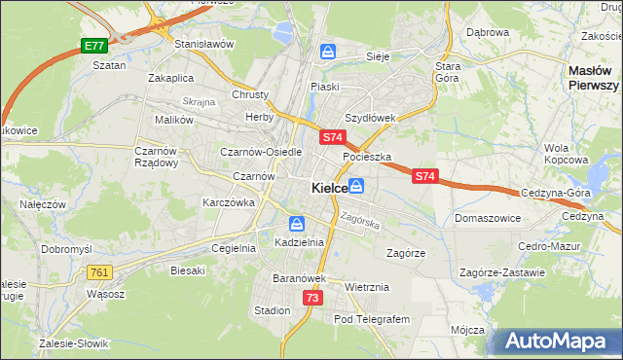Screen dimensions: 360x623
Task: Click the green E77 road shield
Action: [x=93, y=46]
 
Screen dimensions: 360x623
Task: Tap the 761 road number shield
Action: [x=99, y=272]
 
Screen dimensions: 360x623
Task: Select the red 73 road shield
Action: [x=311, y=298]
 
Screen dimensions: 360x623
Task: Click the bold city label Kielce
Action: [x=330, y=187]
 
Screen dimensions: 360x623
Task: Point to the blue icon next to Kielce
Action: [x=357, y=185]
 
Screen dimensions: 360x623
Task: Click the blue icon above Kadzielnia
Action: [x=295, y=224]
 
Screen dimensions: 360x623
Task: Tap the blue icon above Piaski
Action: [x=329, y=52]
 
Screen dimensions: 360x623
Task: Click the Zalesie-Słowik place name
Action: [x=74, y=343]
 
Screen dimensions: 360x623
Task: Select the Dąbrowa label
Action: [x=488, y=32]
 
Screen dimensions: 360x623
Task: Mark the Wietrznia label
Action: [x=367, y=287]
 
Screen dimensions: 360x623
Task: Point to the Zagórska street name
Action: [x=359, y=222]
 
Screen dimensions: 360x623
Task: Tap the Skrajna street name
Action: [x=198, y=101]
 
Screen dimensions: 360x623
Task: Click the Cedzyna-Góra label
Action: [x=556, y=193]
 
